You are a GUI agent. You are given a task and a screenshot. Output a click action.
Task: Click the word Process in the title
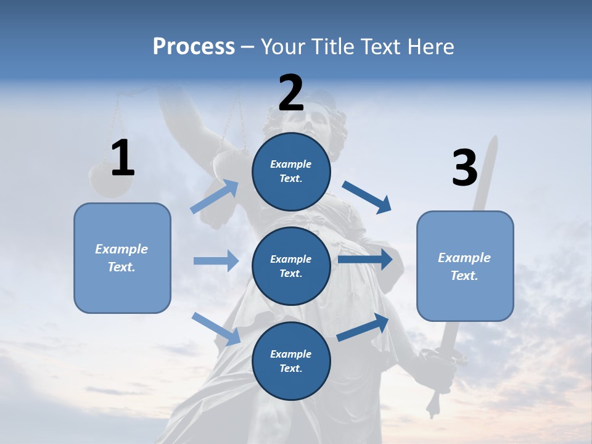(x=194, y=46)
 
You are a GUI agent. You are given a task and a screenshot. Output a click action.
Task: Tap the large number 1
(x=123, y=158)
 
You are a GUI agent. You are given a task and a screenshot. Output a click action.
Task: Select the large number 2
(x=291, y=93)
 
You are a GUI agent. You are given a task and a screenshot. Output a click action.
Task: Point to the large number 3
(x=464, y=168)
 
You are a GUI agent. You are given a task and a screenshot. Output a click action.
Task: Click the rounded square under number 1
(x=122, y=258)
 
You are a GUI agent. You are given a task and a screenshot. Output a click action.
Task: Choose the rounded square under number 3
(x=465, y=266)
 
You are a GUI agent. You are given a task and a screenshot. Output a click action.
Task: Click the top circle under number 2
(x=291, y=171)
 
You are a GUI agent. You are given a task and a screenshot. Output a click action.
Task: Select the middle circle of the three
(x=291, y=266)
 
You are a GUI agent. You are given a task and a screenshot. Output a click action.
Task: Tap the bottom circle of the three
(x=291, y=361)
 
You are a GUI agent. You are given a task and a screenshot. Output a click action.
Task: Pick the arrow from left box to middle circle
(x=216, y=261)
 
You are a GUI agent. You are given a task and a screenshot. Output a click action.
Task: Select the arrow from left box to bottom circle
(x=216, y=328)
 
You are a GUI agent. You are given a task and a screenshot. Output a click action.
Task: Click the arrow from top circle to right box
(x=367, y=197)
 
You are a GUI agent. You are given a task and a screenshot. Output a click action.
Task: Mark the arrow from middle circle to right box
(x=365, y=260)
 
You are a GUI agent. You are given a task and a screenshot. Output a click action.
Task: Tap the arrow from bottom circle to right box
(x=363, y=327)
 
